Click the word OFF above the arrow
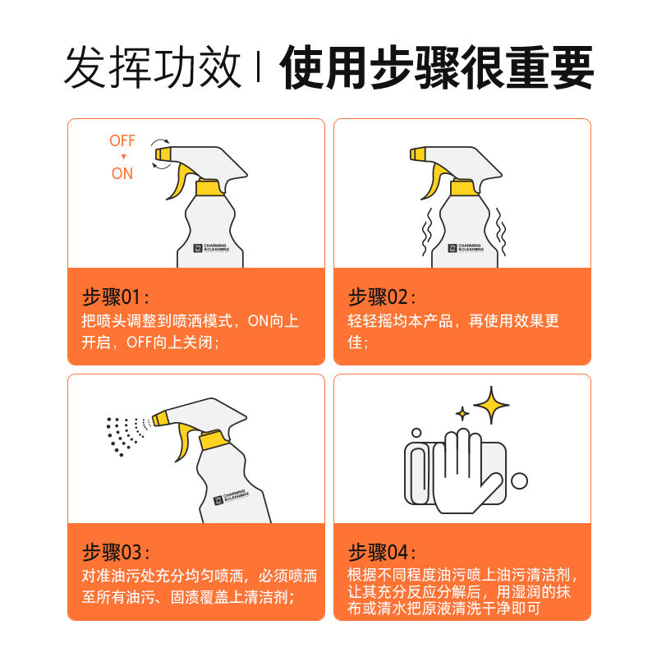tap(122, 141)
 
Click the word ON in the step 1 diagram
tap(122, 173)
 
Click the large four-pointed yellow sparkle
tap(491, 405)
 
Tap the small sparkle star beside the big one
tap(462, 413)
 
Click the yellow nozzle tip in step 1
tap(162, 154)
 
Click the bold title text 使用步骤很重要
tap(437, 69)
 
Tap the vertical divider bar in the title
tap(260, 69)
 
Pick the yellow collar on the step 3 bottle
tap(209, 442)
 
